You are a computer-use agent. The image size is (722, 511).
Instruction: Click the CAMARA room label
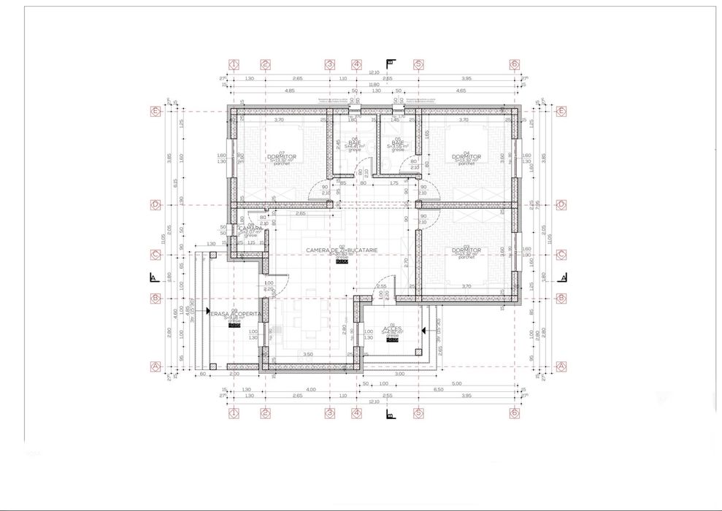click(250, 228)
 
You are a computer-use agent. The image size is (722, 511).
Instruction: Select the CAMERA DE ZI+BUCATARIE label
click(339, 250)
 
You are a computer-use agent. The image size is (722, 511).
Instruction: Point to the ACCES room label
click(392, 328)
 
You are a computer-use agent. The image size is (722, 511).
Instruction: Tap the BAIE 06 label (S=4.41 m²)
click(355, 143)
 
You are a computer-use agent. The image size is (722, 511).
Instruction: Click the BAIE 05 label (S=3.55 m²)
click(398, 143)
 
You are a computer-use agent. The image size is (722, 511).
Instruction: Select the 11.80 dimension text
click(374, 84)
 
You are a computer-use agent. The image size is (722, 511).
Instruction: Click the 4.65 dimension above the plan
click(461, 91)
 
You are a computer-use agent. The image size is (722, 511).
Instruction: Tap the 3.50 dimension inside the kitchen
click(308, 354)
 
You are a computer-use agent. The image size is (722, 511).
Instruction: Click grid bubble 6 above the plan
click(515, 64)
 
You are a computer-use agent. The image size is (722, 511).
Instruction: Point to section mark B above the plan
click(390, 63)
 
